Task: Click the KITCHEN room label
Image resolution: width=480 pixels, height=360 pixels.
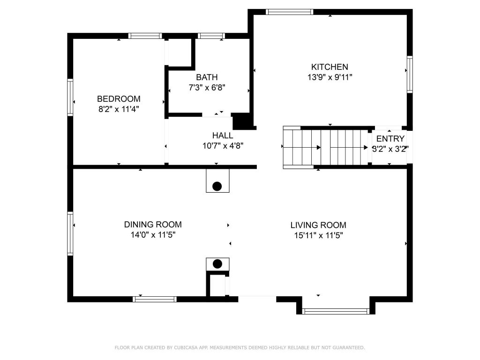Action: [x=330, y=67]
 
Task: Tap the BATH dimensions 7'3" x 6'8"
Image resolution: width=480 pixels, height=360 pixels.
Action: [x=207, y=88]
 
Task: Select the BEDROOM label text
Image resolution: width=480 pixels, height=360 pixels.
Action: [x=119, y=99]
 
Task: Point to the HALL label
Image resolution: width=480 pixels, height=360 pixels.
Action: [x=223, y=135]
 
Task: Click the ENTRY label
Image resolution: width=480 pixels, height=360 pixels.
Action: [x=390, y=139]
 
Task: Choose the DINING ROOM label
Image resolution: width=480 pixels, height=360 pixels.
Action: [x=153, y=225]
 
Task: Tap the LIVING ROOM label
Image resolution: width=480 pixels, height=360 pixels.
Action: [x=318, y=225]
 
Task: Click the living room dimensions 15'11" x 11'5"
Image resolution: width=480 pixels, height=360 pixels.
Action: [x=318, y=235]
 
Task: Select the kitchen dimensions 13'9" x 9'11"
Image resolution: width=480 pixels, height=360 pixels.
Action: [x=330, y=77]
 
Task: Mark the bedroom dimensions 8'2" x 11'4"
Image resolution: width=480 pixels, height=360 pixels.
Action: [x=119, y=109]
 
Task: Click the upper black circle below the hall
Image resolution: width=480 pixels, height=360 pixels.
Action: [x=217, y=186]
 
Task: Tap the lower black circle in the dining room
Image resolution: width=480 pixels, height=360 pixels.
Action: [x=217, y=264]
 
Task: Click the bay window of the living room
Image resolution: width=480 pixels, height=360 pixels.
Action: [x=336, y=311]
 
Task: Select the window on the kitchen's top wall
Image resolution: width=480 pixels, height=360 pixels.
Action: [x=289, y=12]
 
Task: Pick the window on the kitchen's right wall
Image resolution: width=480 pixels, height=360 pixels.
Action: [x=410, y=75]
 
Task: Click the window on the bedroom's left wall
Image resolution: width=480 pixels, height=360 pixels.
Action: [x=70, y=97]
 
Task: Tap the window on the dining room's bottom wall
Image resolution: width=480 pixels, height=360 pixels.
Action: [x=155, y=299]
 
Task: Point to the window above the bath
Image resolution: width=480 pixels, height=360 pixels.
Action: [x=211, y=36]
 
